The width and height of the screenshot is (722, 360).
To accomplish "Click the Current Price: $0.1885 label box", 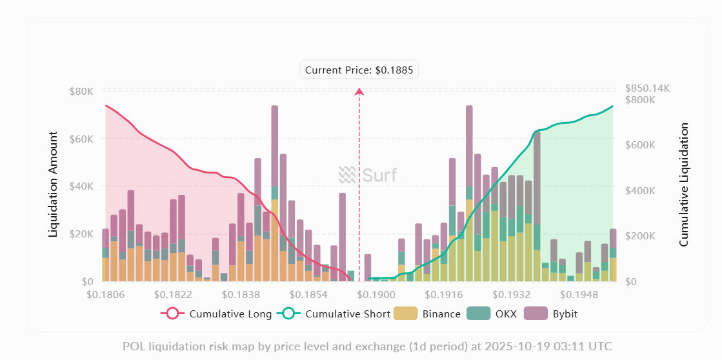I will coord(359,70).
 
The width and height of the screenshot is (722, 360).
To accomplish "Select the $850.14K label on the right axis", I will coord(647,88).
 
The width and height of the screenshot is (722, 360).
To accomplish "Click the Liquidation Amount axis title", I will coord(54,185).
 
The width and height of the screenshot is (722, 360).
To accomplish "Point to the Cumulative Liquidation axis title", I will coord(684,185).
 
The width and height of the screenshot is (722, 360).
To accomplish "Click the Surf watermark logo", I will coord(368,175).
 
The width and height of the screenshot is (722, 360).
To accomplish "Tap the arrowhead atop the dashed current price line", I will coord(359,92).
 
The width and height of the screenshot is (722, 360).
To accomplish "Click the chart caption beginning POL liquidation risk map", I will coord(366,346).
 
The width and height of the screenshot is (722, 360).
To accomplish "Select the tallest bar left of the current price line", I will coord(275,194).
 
